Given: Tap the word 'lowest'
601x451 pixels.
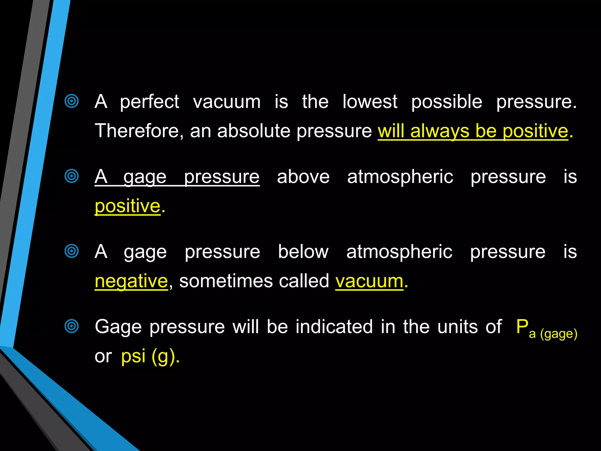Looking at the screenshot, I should (x=370, y=102).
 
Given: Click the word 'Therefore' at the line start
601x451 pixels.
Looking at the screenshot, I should (x=137, y=131).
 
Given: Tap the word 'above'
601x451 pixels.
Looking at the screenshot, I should (x=303, y=177).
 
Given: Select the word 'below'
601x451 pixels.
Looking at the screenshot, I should (x=303, y=252).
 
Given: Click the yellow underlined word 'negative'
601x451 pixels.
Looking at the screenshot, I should (x=131, y=281).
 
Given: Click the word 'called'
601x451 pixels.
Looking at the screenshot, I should (x=304, y=281).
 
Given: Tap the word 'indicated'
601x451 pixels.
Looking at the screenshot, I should (x=334, y=327).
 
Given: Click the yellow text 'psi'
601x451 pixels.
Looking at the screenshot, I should (x=133, y=356).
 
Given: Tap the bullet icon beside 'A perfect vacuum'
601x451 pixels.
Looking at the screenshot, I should (x=72, y=101).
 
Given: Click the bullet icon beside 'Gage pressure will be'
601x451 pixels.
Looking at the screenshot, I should (x=72, y=326).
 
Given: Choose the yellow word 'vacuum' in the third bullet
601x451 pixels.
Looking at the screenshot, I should (x=369, y=281).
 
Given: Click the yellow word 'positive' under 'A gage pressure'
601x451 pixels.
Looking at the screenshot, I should (x=127, y=206).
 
